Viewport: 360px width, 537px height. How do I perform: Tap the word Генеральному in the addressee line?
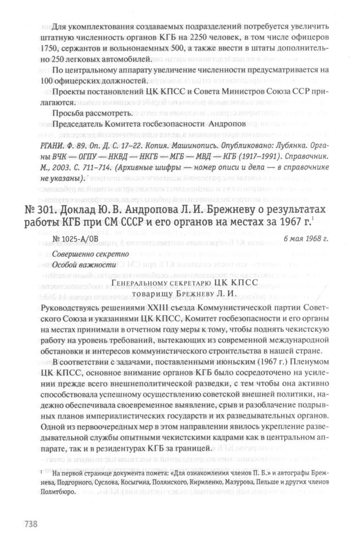(x=145, y=282)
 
